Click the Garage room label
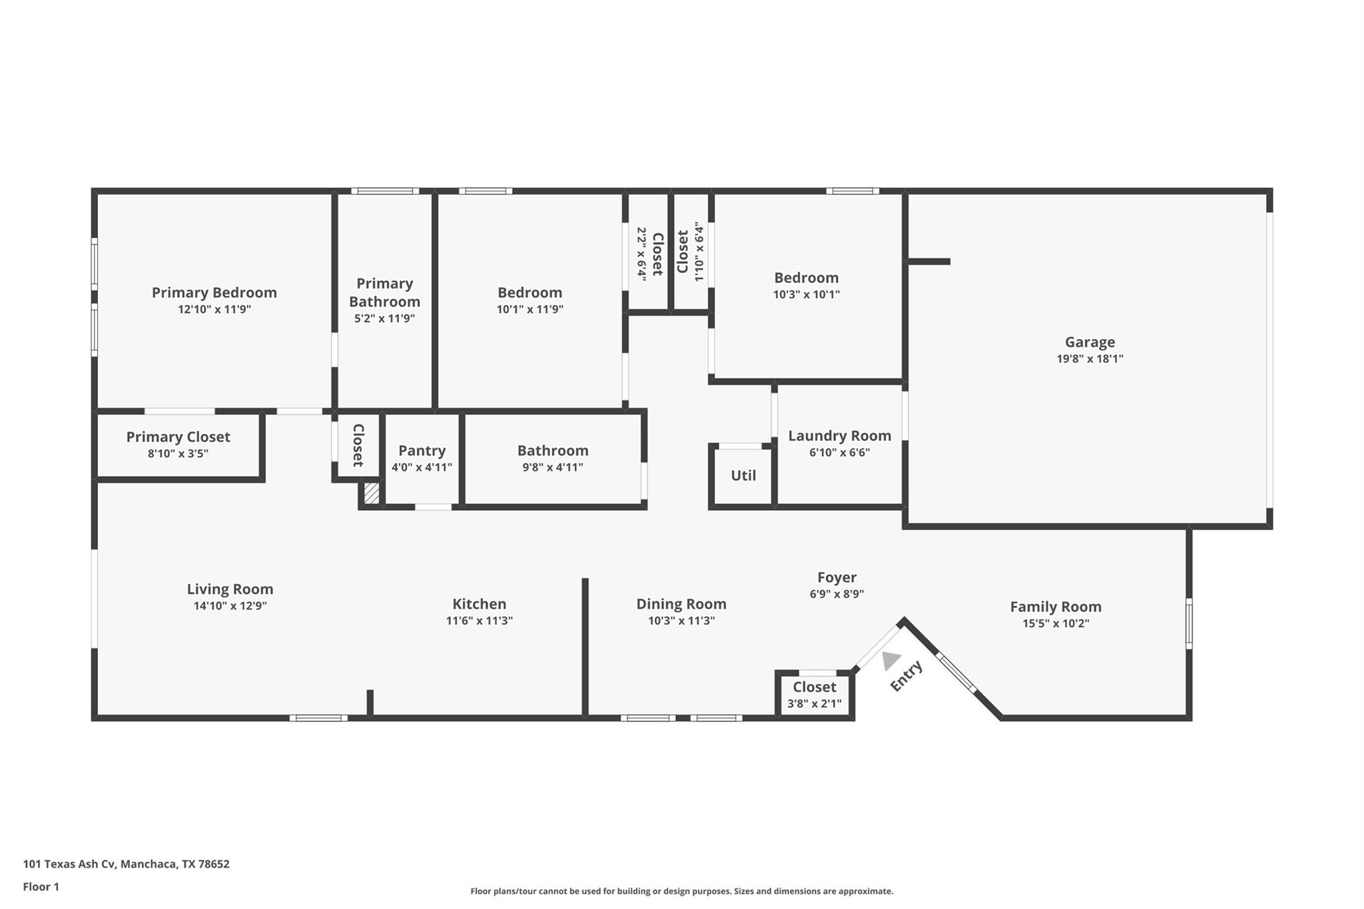(1090, 342)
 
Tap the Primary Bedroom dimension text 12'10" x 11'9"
(214, 310)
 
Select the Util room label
(743, 475)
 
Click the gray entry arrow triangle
(890, 660)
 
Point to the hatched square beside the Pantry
(372, 493)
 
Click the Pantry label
(422, 451)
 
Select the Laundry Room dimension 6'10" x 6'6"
(839, 453)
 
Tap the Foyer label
(837, 577)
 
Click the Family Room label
(1056, 607)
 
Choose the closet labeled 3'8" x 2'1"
(815, 695)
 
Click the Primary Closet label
(178, 437)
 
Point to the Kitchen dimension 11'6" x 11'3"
(479, 621)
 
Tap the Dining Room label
(681, 604)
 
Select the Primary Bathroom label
(384, 292)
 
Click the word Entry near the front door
(906, 676)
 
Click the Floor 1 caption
(41, 886)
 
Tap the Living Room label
(230, 589)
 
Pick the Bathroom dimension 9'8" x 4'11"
(552, 467)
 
